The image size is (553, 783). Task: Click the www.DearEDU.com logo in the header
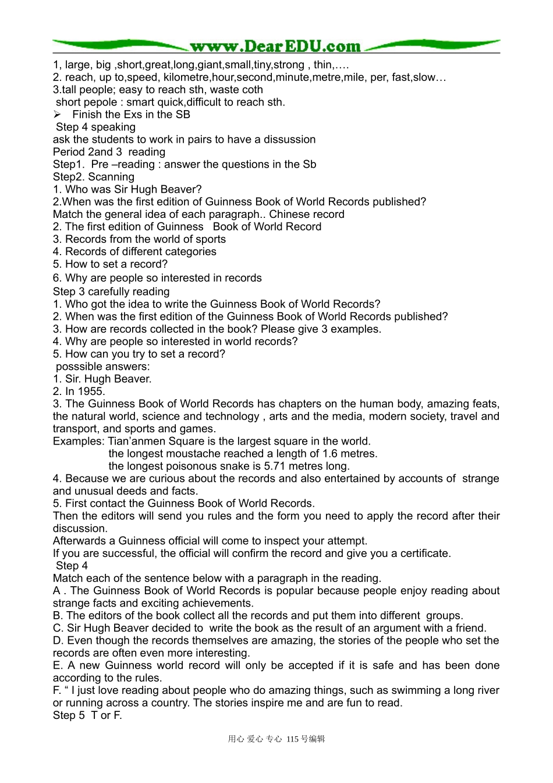click(275, 46)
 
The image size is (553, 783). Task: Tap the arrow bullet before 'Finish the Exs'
click(57, 115)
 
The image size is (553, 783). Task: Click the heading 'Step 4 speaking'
click(95, 127)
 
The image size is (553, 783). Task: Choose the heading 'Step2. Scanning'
click(93, 177)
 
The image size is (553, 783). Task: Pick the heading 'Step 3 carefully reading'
click(111, 291)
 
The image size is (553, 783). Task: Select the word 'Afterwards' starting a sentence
click(79, 541)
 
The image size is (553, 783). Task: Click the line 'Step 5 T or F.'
click(87, 715)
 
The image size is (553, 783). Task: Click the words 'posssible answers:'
click(102, 366)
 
